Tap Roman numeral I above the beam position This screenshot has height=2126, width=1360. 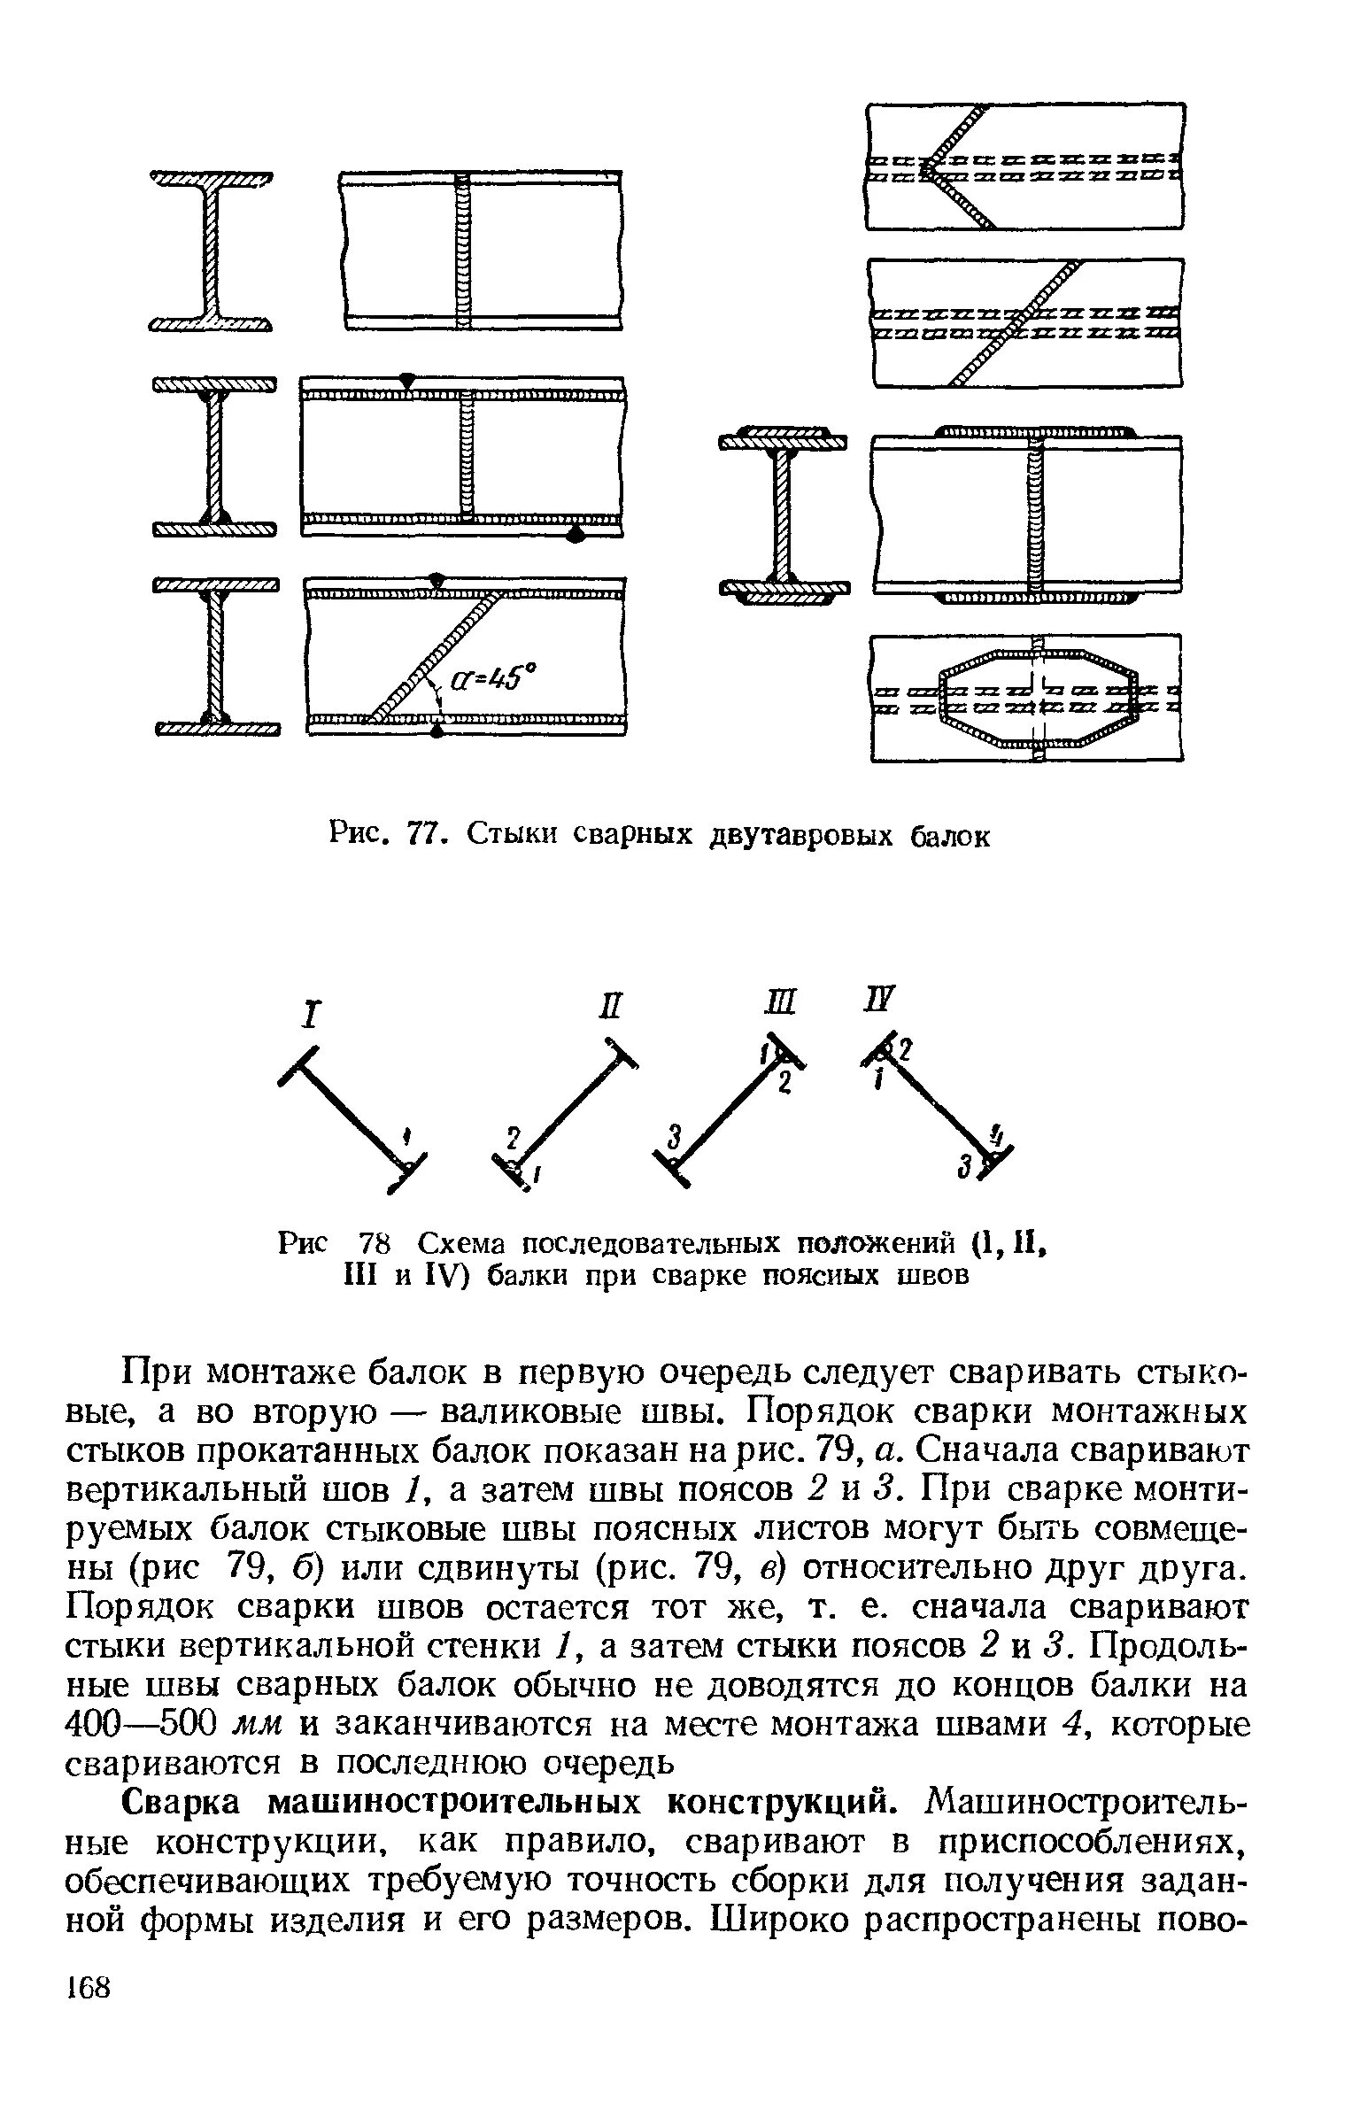click(x=309, y=1016)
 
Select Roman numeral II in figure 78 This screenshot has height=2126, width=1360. click(x=612, y=1007)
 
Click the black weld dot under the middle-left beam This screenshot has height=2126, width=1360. click(x=576, y=534)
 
